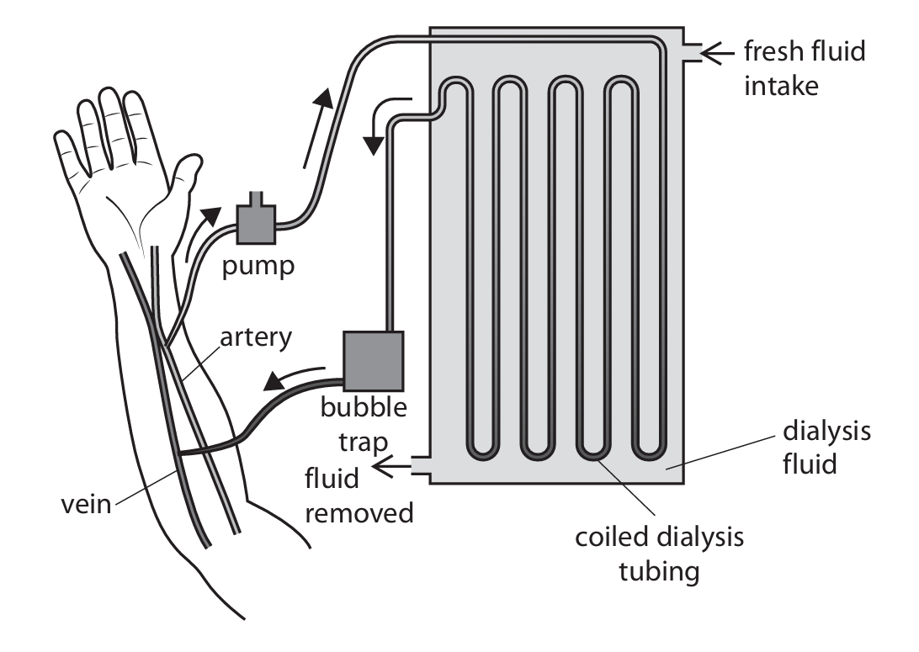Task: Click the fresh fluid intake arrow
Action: tap(718, 55)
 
